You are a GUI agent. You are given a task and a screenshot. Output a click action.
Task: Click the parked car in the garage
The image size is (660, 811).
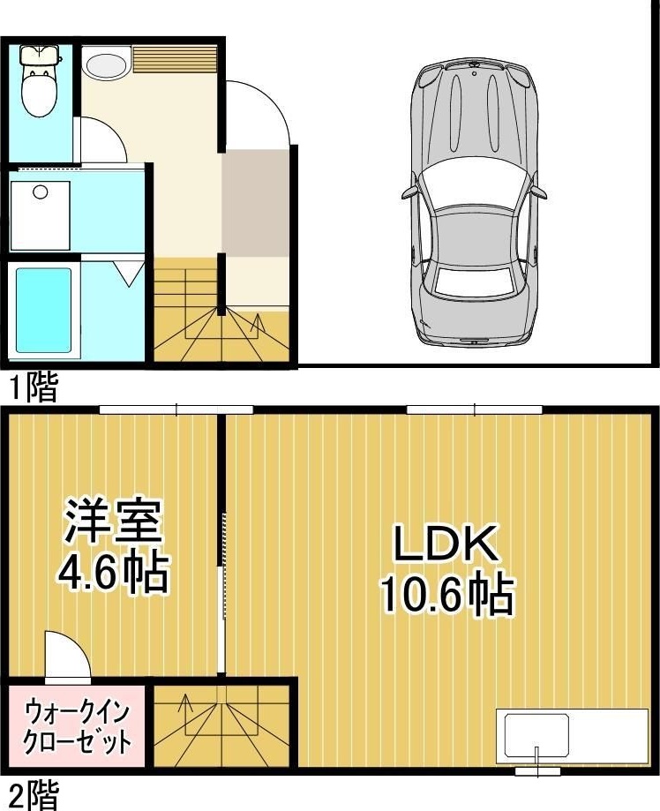pyautogui.click(x=475, y=203)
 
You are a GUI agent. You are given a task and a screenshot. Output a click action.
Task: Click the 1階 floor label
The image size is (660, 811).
pyautogui.click(x=33, y=387)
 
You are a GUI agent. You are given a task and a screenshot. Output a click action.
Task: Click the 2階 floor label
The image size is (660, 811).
pyautogui.click(x=33, y=795)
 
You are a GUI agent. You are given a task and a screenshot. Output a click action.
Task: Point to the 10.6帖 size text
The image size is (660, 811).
pyautogui.click(x=447, y=594)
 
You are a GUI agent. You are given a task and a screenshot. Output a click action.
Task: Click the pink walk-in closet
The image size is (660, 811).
pyautogui.click(x=78, y=725)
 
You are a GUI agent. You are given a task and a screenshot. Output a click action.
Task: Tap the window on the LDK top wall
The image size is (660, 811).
pyautogui.click(x=475, y=409)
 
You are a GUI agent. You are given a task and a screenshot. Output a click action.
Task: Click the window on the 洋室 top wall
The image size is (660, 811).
pyautogui.click(x=176, y=409)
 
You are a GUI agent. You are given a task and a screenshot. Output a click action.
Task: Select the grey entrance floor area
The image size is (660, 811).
pyautogui.click(x=255, y=203)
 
